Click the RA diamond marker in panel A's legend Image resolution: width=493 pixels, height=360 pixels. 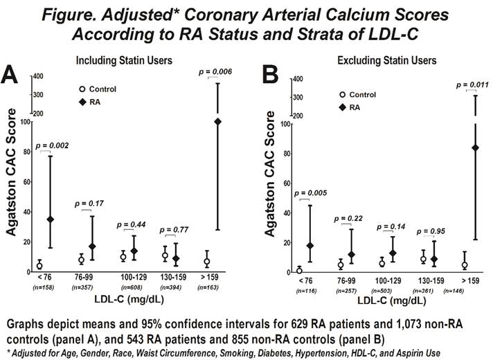(x=83, y=102)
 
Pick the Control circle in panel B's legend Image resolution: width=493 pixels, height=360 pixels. (x=341, y=95)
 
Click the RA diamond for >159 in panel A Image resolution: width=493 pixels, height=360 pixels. (x=217, y=122)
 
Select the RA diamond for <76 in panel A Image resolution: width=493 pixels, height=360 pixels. (x=50, y=219)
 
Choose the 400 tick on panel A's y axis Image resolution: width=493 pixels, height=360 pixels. (x=37, y=76)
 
